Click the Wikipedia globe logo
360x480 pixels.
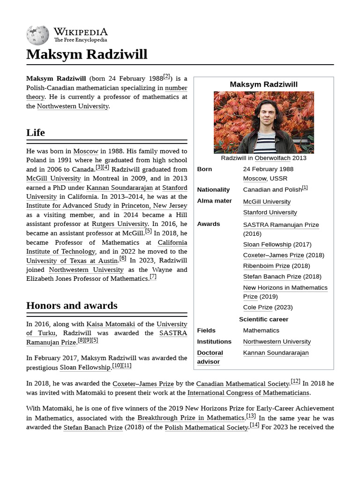37,35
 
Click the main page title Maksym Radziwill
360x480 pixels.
87,54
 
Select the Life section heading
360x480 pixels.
36,133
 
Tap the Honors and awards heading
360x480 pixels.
72,306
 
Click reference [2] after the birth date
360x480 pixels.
166,77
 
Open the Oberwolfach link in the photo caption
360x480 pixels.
272,158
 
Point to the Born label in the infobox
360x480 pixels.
204,169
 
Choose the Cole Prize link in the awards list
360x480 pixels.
257,307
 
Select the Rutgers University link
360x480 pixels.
120,224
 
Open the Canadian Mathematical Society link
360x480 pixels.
242,383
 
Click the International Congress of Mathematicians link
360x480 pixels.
248,393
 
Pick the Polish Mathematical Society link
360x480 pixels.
206,427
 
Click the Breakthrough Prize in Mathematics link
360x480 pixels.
191,418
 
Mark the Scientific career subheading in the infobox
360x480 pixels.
263,319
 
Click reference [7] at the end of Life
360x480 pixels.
153,277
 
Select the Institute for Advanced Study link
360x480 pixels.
69,206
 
